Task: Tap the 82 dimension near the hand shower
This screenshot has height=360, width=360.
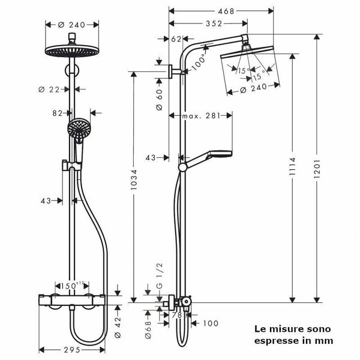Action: coord(59,112)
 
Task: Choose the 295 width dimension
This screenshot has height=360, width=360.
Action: coord(73,349)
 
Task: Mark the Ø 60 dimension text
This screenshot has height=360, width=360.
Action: coord(159,97)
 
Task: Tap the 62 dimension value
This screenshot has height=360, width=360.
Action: coord(176,38)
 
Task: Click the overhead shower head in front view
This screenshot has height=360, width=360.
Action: coord(73,51)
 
